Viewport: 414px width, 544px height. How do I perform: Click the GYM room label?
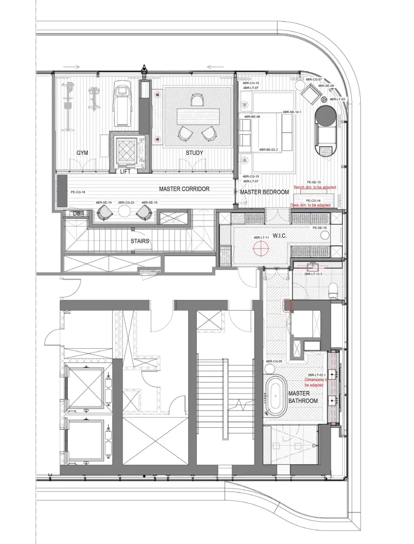pyautogui.click(x=82, y=153)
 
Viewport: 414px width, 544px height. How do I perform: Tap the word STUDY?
pyautogui.click(x=194, y=153)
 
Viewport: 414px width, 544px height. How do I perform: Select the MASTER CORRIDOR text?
pyautogui.click(x=184, y=189)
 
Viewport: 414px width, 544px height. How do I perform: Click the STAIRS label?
pyautogui.click(x=140, y=241)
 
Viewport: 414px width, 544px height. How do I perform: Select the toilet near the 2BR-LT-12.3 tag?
pyautogui.click(x=333, y=287)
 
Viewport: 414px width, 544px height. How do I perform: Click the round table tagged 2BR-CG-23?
pyautogui.click(x=123, y=212)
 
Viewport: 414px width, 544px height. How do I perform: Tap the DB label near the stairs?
pyautogui.click(x=76, y=214)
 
